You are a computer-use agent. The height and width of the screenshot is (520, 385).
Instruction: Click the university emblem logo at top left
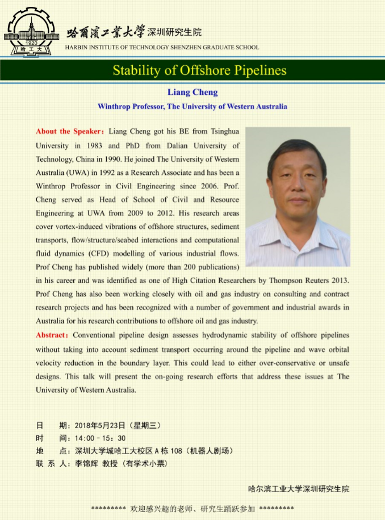point(32,32)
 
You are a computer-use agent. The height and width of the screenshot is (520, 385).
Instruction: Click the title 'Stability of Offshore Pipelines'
point(199,70)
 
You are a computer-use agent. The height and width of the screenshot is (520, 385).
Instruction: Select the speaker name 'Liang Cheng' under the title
point(192,92)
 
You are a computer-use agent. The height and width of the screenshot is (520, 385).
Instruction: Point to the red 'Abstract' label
point(53,335)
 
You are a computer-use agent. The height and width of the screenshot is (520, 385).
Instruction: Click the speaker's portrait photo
point(298,196)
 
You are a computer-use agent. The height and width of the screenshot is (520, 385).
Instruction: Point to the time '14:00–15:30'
point(100,438)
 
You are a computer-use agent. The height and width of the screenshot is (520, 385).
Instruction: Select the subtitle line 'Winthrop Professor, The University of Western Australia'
point(192,106)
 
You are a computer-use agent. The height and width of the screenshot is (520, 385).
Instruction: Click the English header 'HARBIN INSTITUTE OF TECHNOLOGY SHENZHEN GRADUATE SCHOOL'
point(162,48)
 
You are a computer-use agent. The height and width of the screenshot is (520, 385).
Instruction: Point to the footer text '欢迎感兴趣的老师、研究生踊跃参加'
point(192,508)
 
